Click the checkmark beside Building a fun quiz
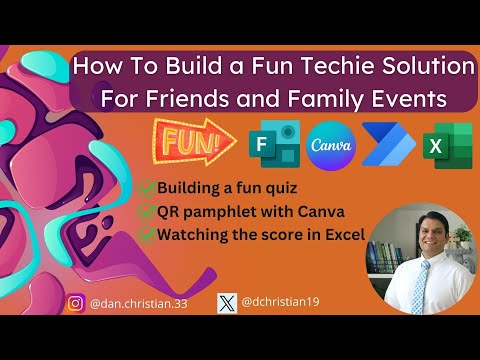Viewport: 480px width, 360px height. pyautogui.click(x=146, y=187)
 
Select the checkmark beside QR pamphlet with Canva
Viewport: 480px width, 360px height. pyautogui.click(x=146, y=210)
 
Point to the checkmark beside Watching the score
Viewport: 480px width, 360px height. pyautogui.click(x=146, y=234)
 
